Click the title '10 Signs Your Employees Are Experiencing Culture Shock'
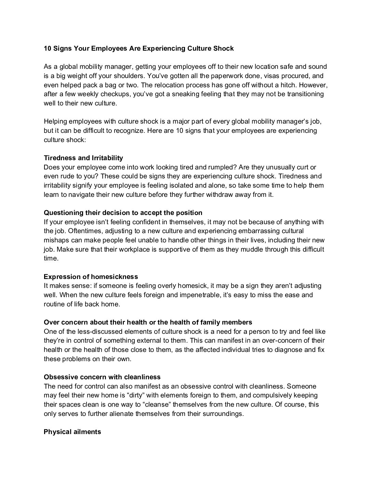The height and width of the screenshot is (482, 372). coord(138,49)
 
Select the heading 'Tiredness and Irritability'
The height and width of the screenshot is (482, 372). coord(83,158)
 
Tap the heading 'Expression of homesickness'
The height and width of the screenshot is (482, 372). coord(91,277)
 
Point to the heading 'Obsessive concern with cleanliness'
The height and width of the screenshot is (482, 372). coord(102,377)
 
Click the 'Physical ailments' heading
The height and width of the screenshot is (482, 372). coord(72,432)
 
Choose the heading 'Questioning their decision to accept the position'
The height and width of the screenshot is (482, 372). coord(123,213)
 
